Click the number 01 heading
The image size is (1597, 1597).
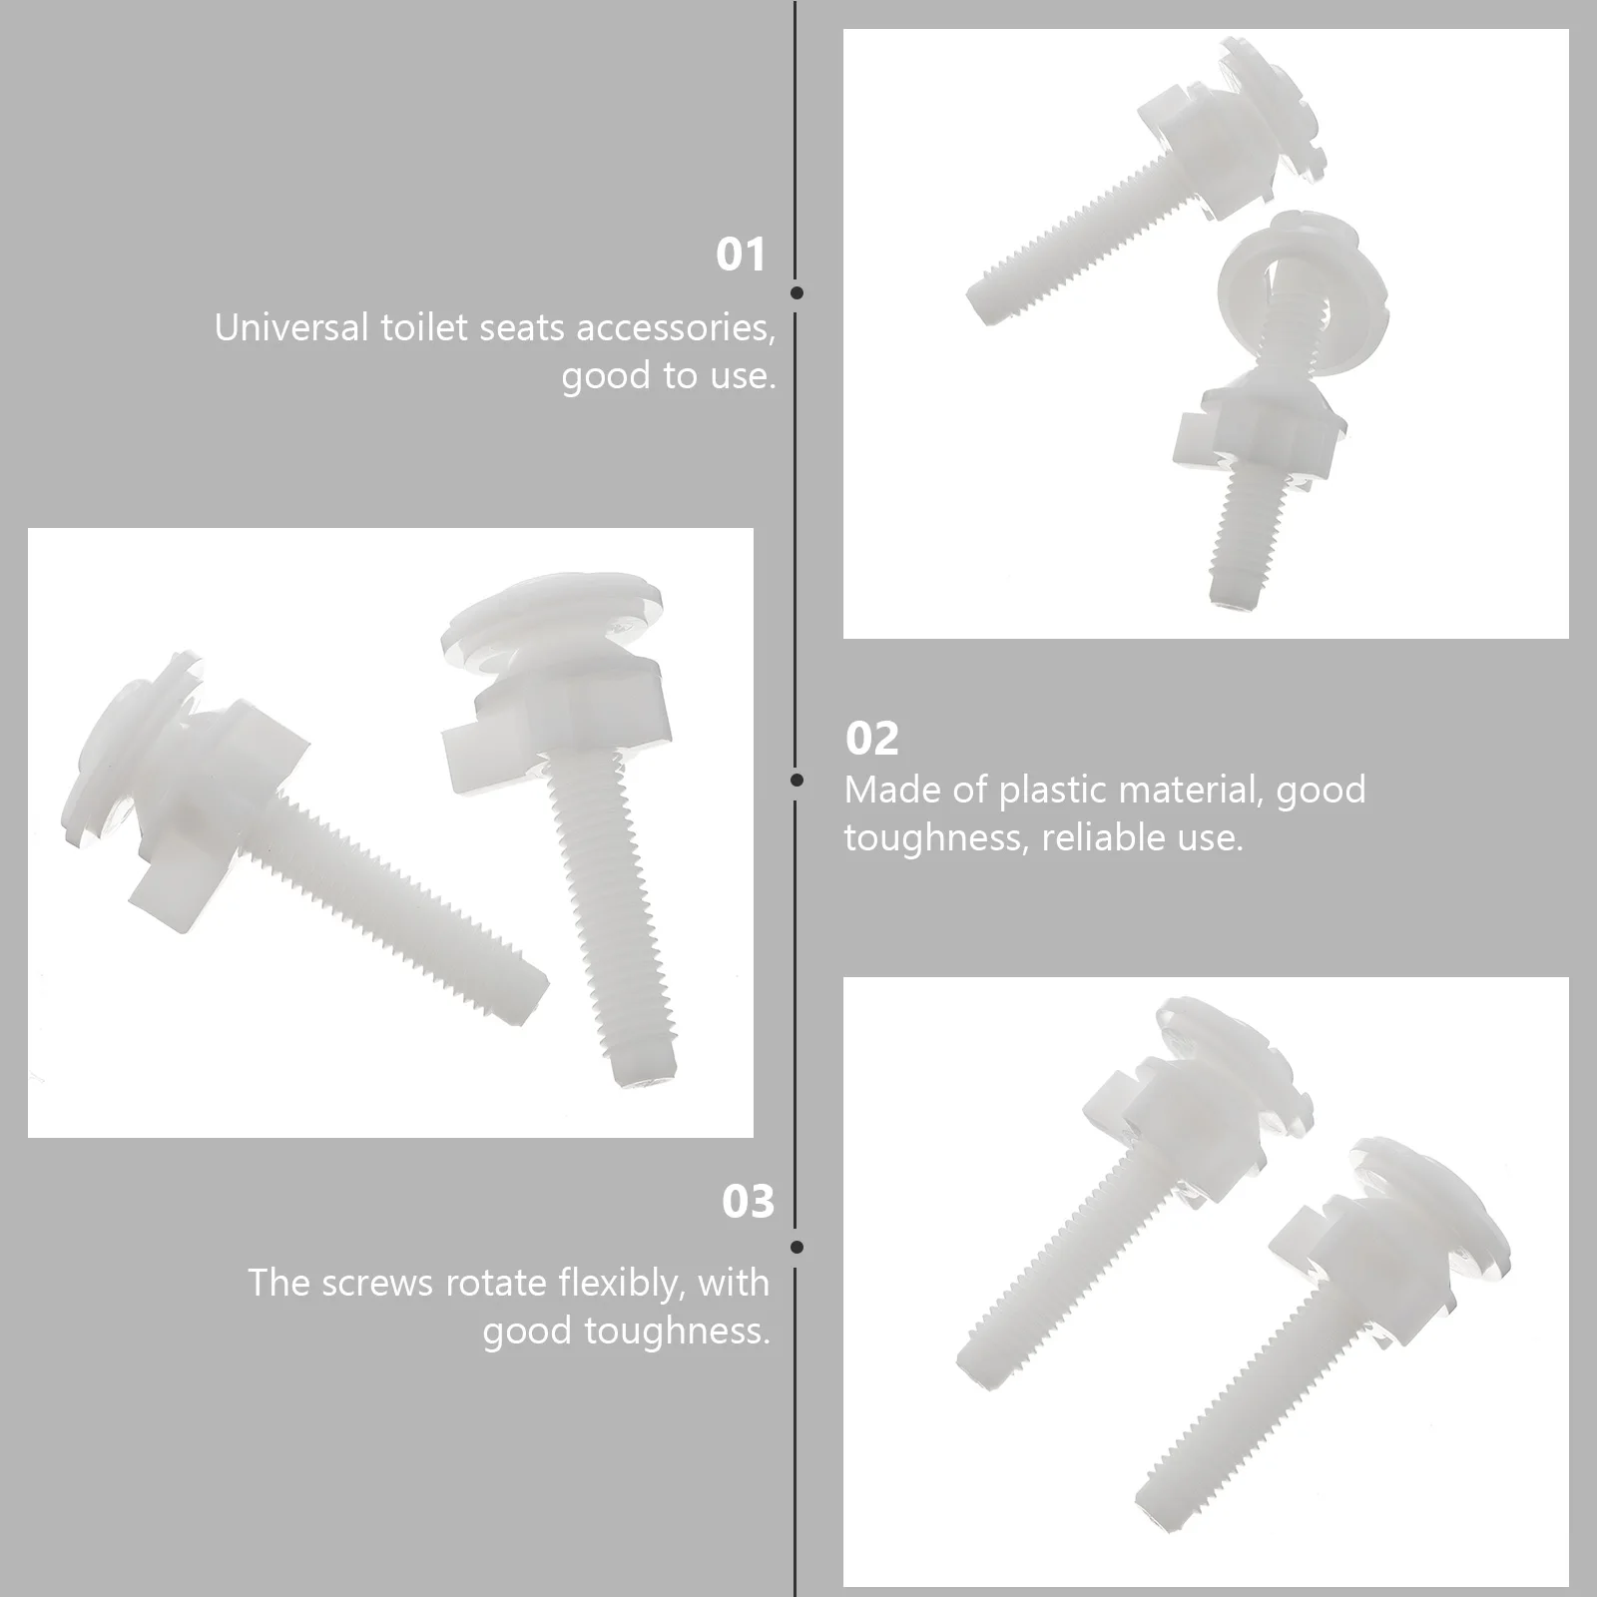point(741,256)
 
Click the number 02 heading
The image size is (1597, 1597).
point(871,739)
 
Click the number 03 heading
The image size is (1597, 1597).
point(748,1202)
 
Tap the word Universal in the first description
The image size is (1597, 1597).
point(290,328)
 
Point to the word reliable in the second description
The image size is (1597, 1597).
point(1103,838)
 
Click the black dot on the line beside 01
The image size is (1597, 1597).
point(797,292)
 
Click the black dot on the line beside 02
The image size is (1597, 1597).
point(797,780)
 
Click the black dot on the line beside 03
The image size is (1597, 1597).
point(797,1247)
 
